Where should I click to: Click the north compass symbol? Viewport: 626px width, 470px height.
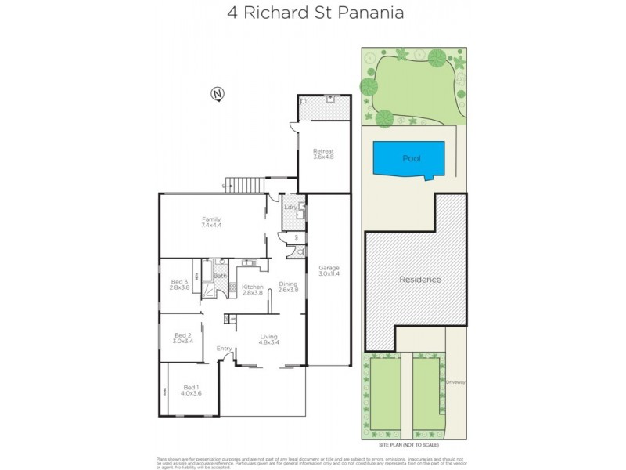coord(218,95)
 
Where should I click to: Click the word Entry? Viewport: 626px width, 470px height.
coord(225,349)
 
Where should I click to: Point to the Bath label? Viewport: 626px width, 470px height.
coord(220,276)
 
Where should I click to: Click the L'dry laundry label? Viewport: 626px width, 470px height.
coord(289,208)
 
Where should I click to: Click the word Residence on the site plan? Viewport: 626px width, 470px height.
coord(420,280)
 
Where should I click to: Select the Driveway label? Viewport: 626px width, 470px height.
coord(455,382)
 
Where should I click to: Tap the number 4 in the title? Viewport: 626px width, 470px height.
coord(232,13)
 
